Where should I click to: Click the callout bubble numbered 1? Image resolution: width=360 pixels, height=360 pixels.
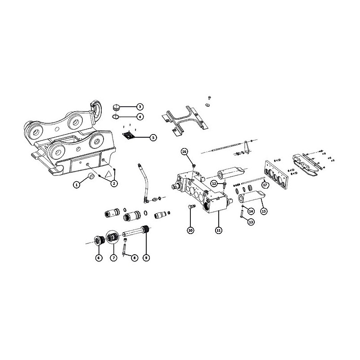pyautogui.click(x=76, y=184)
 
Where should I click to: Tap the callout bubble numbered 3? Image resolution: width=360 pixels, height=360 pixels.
pyautogui.click(x=139, y=107)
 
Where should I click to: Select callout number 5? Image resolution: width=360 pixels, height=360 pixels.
pyautogui.click(x=153, y=138)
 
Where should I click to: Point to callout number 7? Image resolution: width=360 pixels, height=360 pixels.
pyautogui.click(x=113, y=257)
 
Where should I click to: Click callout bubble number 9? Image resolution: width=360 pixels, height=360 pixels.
pyautogui.click(x=146, y=257)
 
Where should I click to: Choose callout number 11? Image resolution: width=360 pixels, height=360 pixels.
pyautogui.click(x=219, y=230)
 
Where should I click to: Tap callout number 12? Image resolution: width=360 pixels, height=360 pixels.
pyautogui.click(x=214, y=183)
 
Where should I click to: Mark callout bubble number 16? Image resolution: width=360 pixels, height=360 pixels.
pyautogui.click(x=184, y=152)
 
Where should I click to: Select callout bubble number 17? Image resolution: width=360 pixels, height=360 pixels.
pyautogui.click(x=265, y=184)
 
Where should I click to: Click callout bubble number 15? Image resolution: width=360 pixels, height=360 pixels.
pyautogui.click(x=264, y=211)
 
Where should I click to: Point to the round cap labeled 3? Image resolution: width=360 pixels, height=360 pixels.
pyautogui.click(x=116, y=107)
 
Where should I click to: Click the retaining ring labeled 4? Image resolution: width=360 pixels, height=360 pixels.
pyautogui.click(x=115, y=117)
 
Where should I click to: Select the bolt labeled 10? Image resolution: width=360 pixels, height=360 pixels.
pyautogui.click(x=192, y=207)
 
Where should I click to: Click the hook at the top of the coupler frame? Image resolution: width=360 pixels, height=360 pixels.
pyautogui.click(x=96, y=110)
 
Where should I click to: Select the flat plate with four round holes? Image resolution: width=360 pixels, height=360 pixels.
pyautogui.click(x=276, y=175)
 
